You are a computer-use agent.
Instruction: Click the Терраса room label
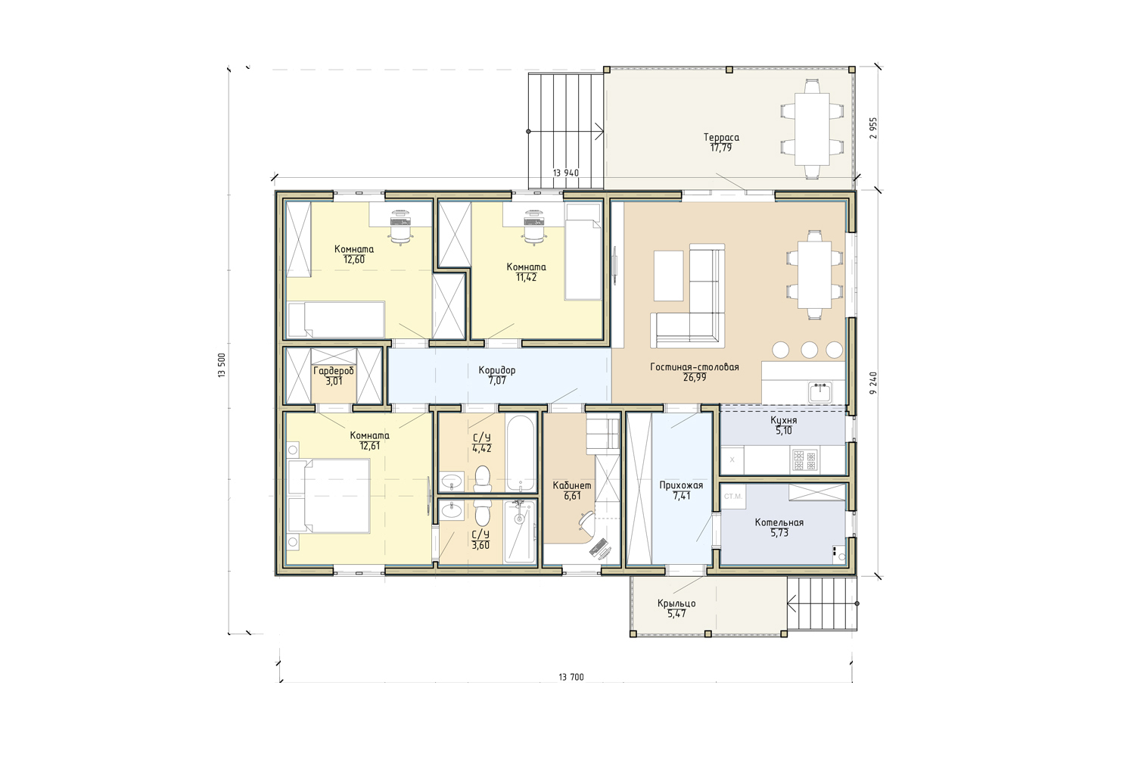point(721,138)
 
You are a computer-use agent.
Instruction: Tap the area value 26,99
point(694,378)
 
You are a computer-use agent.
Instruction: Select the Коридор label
point(497,370)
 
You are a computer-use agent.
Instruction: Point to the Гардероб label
point(334,371)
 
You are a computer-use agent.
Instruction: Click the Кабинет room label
point(572,486)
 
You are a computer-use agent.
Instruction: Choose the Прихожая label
point(681,486)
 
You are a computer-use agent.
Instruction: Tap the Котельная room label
point(779,523)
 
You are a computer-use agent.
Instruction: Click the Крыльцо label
point(676,604)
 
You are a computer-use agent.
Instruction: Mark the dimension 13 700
point(571,678)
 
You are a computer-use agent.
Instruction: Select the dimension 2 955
point(872,128)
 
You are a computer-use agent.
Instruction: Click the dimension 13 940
point(565,173)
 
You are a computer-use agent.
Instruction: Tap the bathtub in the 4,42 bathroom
point(521,453)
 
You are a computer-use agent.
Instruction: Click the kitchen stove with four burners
point(804,460)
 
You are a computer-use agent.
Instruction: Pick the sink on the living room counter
point(819,392)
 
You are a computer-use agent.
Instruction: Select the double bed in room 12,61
point(328,496)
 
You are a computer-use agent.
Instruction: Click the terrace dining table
point(812,129)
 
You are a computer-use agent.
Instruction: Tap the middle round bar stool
point(809,350)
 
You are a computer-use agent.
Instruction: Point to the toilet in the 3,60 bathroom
point(483,513)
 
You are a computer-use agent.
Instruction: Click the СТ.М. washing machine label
point(732,497)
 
